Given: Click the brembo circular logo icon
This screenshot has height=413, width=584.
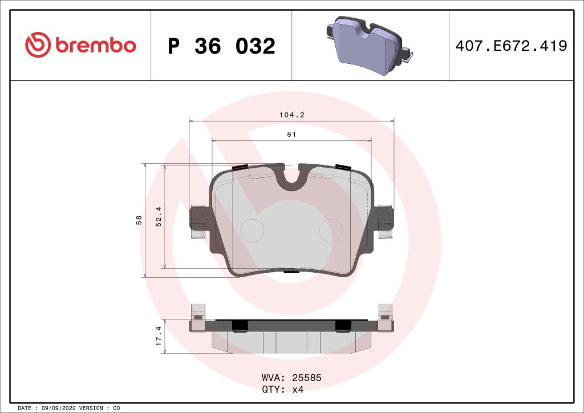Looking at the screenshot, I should point(38,45).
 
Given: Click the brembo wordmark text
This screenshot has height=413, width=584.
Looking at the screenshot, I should point(95,46).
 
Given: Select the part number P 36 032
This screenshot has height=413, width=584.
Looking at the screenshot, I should point(221,46).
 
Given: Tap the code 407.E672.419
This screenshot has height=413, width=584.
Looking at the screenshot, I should point(511,46).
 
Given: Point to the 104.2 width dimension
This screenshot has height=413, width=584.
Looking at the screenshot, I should point(291,115).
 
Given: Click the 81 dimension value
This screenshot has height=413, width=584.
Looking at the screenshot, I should point(291,134).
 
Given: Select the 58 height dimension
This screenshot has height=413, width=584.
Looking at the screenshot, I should point(139,220).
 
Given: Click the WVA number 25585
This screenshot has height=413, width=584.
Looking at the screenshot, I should point(307,378).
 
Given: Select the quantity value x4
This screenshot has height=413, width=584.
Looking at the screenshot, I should point(298,390).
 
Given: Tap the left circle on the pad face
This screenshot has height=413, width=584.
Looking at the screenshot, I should point(252,230).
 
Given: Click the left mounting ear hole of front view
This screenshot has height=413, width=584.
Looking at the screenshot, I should point(198,215).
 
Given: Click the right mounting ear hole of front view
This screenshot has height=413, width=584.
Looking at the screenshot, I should point(386,215).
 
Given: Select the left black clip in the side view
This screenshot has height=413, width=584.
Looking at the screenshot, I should point(240,325).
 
